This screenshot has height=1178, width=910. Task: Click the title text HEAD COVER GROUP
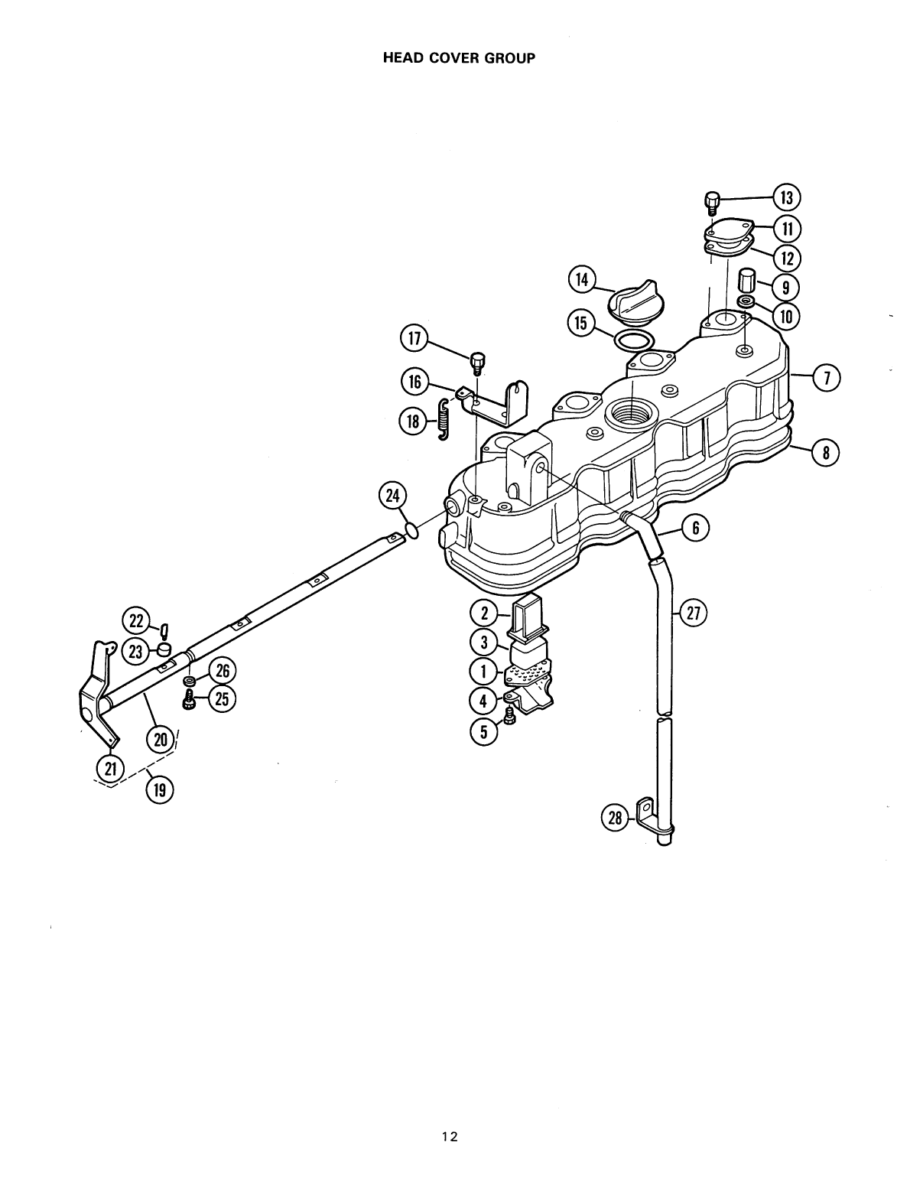pyautogui.click(x=458, y=58)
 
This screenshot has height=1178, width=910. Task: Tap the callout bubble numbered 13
pyautogui.click(x=785, y=197)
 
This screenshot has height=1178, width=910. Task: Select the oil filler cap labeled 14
pyautogui.click(x=632, y=301)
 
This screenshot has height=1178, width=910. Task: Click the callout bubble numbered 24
pyautogui.click(x=392, y=497)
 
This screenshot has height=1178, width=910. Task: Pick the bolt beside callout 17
pyautogui.click(x=479, y=361)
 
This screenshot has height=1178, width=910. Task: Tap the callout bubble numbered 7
pyautogui.click(x=826, y=376)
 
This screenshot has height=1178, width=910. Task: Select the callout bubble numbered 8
pyautogui.click(x=826, y=453)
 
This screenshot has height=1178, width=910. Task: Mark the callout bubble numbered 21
pyautogui.click(x=109, y=767)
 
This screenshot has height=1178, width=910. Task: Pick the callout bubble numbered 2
pyautogui.click(x=484, y=613)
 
